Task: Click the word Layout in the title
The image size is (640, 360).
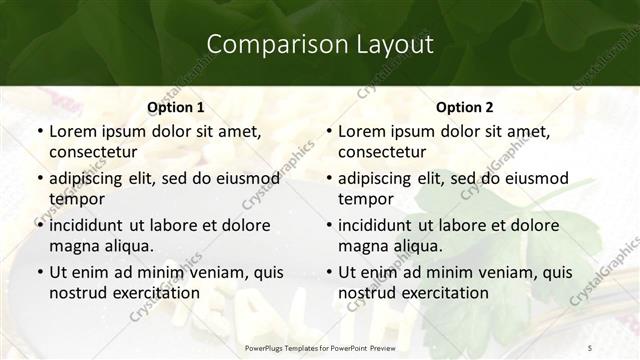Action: pyautogui.click(x=394, y=44)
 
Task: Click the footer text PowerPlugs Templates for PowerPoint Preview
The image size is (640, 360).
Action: pyautogui.click(x=319, y=346)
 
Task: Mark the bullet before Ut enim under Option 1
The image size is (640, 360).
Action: pyautogui.click(x=39, y=272)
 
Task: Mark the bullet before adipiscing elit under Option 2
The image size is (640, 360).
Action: pyautogui.click(x=328, y=178)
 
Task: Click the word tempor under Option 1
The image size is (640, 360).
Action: pyautogui.click(x=74, y=199)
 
